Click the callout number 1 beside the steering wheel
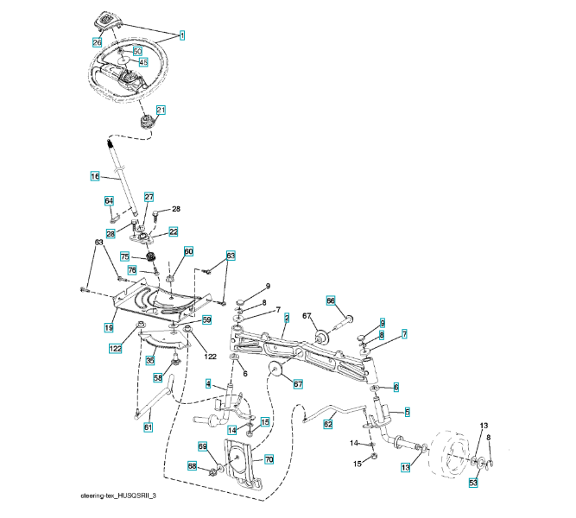tap(182, 35)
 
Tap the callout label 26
tap(97, 41)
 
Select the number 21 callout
tap(161, 110)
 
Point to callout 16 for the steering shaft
tap(95, 176)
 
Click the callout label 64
tap(109, 201)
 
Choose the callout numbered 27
tap(149, 197)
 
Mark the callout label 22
tap(174, 231)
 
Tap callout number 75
tap(124, 256)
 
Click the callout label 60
tap(188, 251)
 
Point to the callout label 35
tap(149, 360)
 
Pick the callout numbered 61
tap(148, 426)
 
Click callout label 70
tap(269, 460)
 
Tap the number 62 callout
tap(328, 424)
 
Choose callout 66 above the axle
tap(330, 300)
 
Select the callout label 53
tap(473, 482)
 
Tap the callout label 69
tap(204, 445)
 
